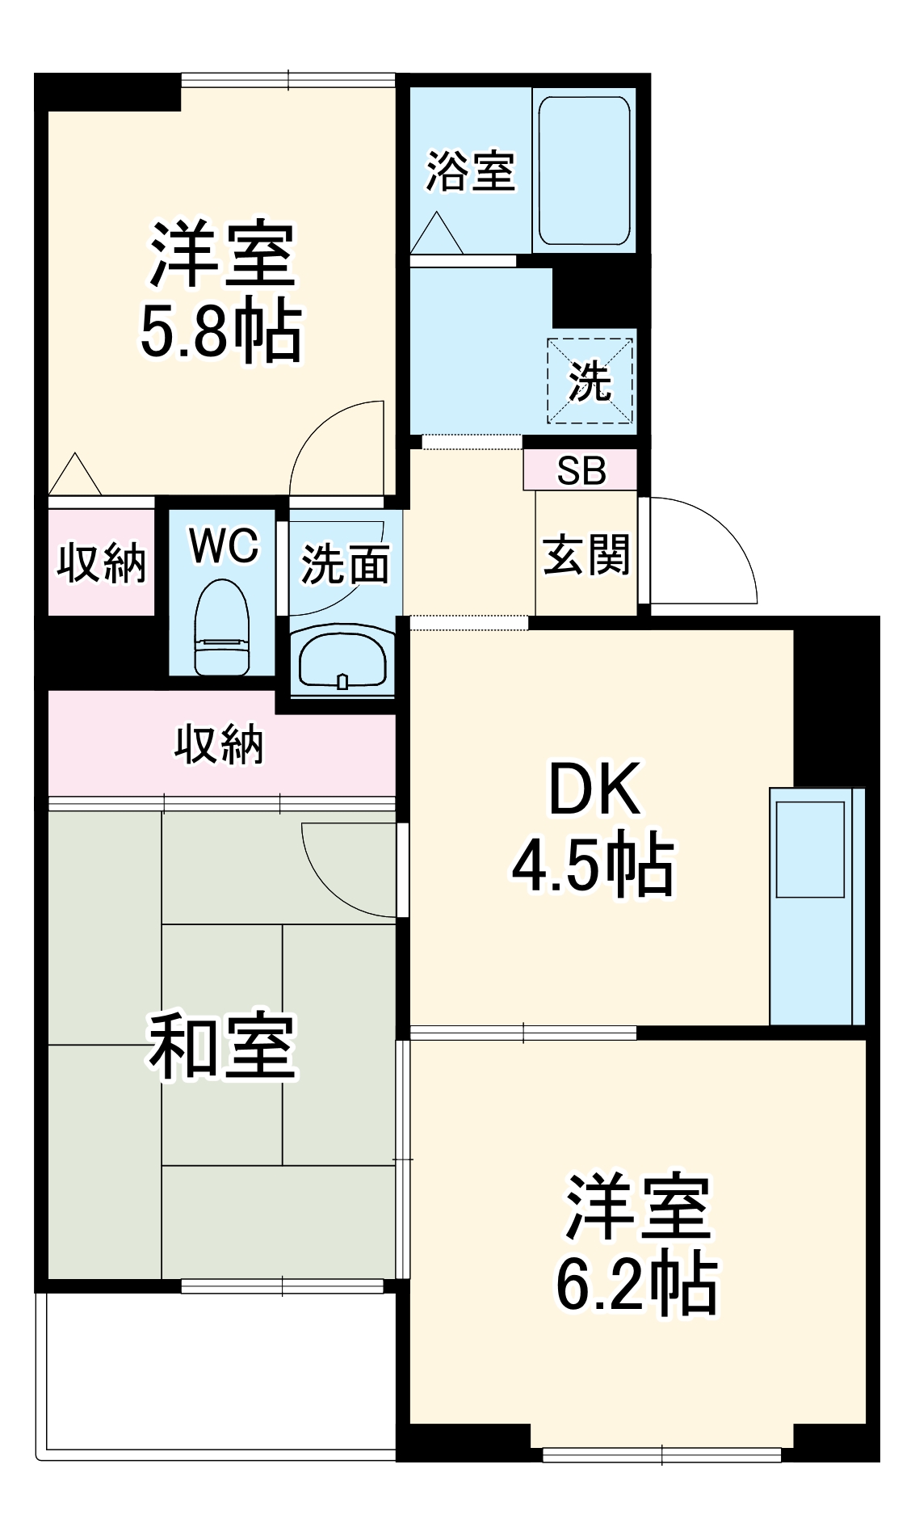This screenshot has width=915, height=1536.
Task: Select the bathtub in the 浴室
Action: [584, 170]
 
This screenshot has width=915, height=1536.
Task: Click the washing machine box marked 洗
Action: [590, 381]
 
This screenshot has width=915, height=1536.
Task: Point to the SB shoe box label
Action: [581, 471]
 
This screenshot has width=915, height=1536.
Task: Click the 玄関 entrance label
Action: [586, 555]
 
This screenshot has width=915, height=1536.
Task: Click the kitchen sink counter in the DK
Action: [816, 905]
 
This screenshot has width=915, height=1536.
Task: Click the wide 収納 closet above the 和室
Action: [220, 744]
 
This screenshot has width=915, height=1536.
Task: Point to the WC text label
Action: [224, 545]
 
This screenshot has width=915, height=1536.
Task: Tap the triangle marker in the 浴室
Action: [437, 234]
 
